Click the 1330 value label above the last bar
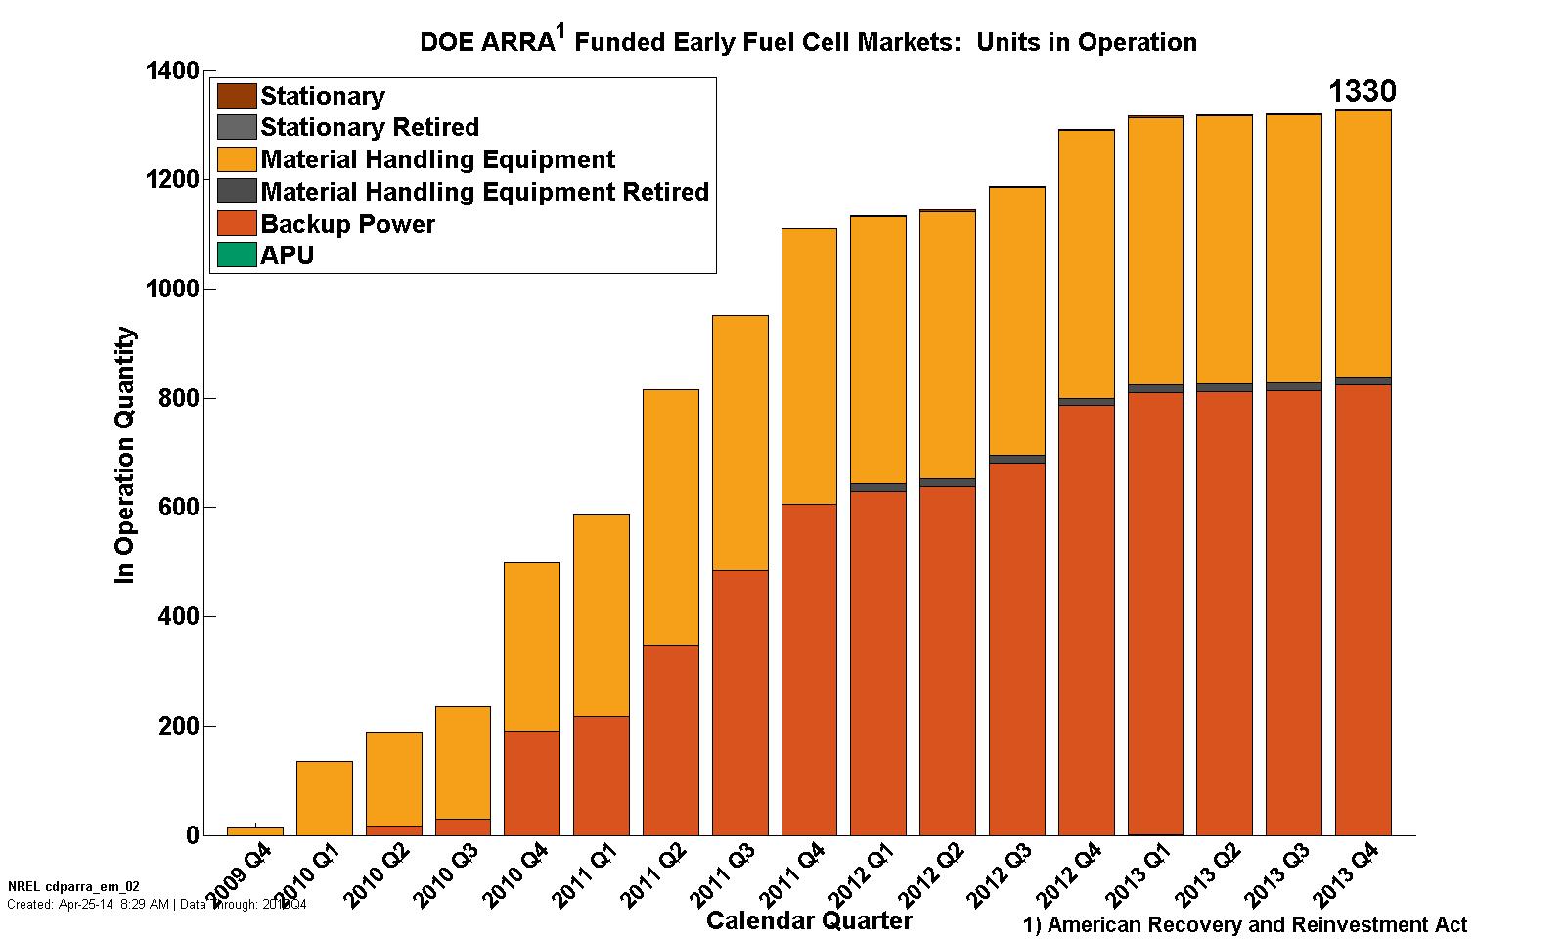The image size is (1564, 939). click(x=1362, y=92)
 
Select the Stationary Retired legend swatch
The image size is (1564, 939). click(x=236, y=128)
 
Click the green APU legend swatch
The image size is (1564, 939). click(x=236, y=255)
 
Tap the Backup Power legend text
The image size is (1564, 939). click(x=347, y=224)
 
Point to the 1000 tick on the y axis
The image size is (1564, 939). click(x=173, y=290)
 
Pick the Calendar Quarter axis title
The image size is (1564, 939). click(x=809, y=920)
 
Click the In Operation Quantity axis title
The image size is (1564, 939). click(x=124, y=456)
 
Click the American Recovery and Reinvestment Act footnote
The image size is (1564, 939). click(x=1245, y=924)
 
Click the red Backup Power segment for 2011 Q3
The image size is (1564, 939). click(x=739, y=702)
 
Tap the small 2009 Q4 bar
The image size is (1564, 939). click(x=254, y=831)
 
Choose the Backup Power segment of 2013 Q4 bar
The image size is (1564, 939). click(x=1363, y=609)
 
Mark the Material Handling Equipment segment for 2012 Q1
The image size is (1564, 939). click(x=877, y=349)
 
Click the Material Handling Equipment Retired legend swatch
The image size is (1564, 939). click(x=236, y=192)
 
